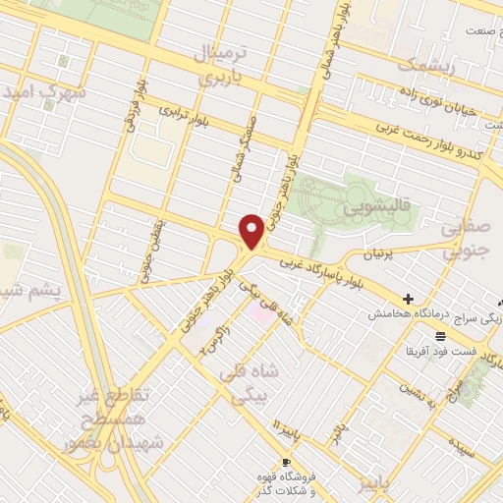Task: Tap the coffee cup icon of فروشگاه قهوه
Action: coord(285,462)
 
